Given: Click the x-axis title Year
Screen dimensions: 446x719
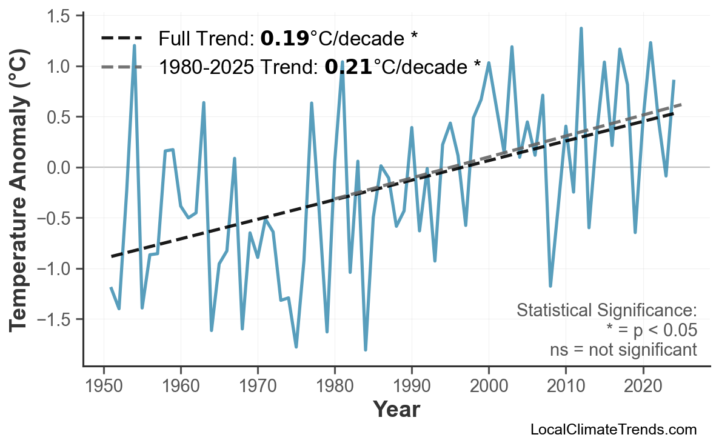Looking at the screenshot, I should pyautogui.click(x=396, y=410).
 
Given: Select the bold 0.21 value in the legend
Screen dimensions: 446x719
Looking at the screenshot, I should pyautogui.click(x=348, y=67).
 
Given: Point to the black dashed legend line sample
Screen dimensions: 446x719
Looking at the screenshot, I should pyautogui.click(x=122, y=39).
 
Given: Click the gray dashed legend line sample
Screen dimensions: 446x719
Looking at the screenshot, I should pyautogui.click(x=122, y=67).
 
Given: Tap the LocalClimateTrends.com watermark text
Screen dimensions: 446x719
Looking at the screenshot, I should pyautogui.click(x=613, y=430).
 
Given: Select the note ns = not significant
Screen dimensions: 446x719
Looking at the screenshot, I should pyautogui.click(x=623, y=350).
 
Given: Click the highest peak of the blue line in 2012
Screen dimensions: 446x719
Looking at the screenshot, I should pyautogui.click(x=581, y=28).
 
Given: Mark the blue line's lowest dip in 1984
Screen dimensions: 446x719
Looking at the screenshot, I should pyautogui.click(x=366, y=350).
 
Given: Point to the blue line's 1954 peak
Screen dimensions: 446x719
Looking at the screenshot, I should pyautogui.click(x=134, y=45).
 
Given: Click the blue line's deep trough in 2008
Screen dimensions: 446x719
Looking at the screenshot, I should pyautogui.click(x=550, y=286).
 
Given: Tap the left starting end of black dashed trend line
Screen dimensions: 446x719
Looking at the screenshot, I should pyautogui.click(x=112, y=256).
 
